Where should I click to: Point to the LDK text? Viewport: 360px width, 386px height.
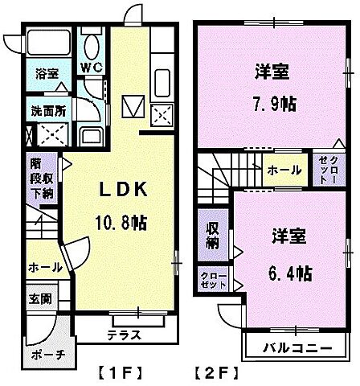[122, 190]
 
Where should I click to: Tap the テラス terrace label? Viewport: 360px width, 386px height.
[122, 333]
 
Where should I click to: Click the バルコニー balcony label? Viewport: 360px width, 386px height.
[295, 349]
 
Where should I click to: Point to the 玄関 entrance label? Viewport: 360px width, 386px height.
[41, 299]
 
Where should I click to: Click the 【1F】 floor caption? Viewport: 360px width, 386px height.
[121, 372]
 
